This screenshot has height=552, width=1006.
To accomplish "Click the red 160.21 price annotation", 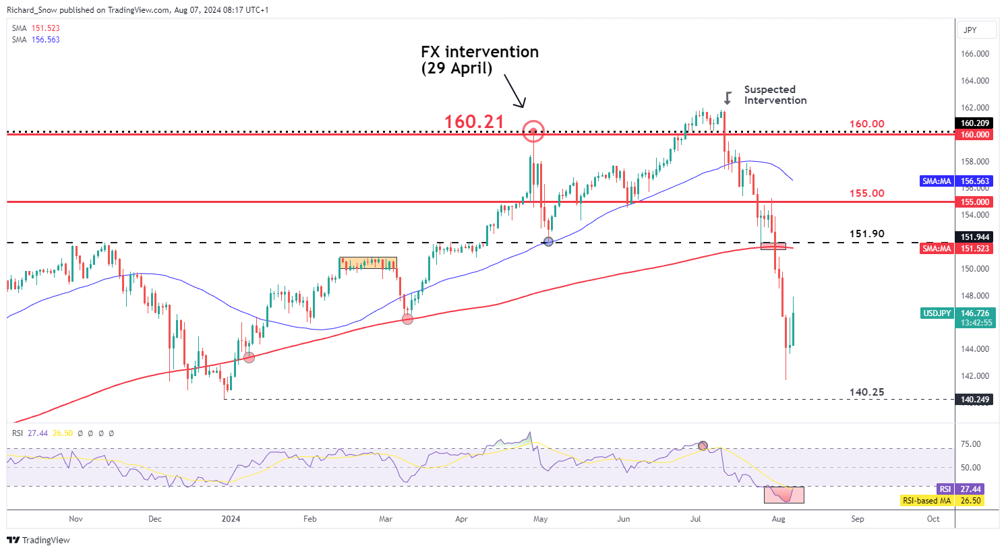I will [474, 122].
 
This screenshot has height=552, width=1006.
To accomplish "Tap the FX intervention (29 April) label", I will [479, 60].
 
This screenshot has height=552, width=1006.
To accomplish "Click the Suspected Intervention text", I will [775, 95].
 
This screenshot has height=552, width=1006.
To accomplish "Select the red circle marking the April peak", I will [533, 132].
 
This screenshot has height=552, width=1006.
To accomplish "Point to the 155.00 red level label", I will [866, 193].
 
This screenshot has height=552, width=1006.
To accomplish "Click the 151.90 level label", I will [866, 235].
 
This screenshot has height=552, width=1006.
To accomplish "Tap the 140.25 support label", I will [866, 392].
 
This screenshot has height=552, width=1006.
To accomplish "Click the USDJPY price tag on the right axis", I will [937, 313].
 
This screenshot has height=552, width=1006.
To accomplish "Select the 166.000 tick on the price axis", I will [975, 54].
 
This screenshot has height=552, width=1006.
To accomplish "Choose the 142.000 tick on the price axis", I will [975, 376].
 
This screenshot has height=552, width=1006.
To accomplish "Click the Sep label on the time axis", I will [857, 519].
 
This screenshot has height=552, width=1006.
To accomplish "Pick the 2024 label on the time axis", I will [231, 519].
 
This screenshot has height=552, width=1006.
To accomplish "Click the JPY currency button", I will [970, 30].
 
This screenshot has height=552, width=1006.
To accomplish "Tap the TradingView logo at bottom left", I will [38, 540].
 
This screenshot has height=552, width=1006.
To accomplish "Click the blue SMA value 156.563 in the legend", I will [45, 40].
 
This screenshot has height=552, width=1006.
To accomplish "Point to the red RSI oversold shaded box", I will [783, 495].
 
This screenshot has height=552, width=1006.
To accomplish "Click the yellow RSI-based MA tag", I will [927, 501].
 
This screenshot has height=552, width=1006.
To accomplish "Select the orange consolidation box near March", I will [367, 263].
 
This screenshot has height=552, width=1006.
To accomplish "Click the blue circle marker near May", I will [548, 241].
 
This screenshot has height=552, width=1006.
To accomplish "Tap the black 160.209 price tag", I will [975, 123].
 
